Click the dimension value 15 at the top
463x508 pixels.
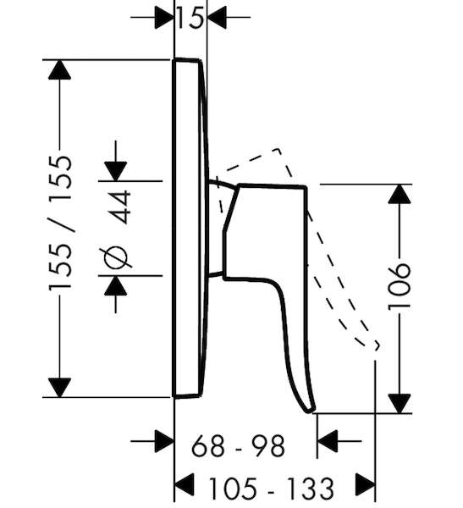click(x=190, y=18)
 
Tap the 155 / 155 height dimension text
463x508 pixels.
click(x=60, y=224)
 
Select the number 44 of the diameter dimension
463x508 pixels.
click(x=119, y=207)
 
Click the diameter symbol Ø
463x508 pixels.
click(x=116, y=258)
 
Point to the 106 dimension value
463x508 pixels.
click(x=400, y=287)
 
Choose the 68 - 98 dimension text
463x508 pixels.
click(x=238, y=446)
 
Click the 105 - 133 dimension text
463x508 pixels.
click(x=271, y=489)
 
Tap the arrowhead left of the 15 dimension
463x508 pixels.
click(x=164, y=17)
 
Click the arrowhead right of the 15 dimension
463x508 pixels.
click(x=217, y=17)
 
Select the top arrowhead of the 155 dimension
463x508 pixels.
click(x=59, y=69)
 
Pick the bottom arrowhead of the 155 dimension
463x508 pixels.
click(x=59, y=388)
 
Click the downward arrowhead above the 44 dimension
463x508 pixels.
click(x=116, y=171)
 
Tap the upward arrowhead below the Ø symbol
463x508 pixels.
click(x=116, y=286)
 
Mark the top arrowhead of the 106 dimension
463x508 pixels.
click(x=400, y=194)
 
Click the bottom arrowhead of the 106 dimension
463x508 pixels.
click(x=400, y=404)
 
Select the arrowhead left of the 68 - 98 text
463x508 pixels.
click(x=164, y=441)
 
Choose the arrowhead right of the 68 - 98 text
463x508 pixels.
click(x=328, y=441)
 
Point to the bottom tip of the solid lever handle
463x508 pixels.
click(x=310, y=411)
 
